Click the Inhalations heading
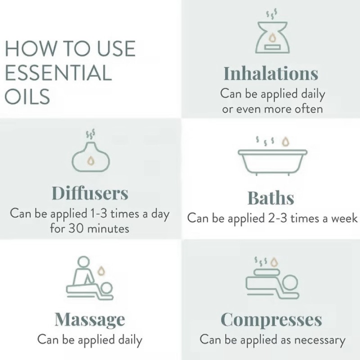271,73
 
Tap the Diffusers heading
90,193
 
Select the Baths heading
271,198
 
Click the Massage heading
90,320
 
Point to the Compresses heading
271,320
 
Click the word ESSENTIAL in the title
58,73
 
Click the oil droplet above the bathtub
285,142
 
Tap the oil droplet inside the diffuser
90,160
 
